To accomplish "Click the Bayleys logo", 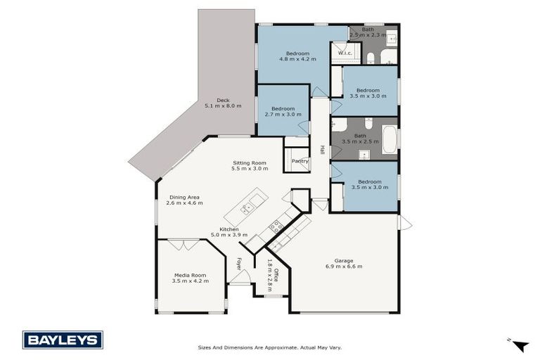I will click(x=63, y=340).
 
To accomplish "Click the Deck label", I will click(x=223, y=103).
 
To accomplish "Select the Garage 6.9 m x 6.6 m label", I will click(x=344, y=264).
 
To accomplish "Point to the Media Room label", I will click(x=188, y=278).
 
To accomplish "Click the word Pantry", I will click(x=300, y=161).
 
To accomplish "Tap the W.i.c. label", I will click(x=345, y=53).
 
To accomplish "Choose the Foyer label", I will click(x=239, y=264).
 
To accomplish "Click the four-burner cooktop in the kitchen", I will click(x=277, y=226).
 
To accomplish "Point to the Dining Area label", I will click(x=184, y=200).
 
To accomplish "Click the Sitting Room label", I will click(x=251, y=166).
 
